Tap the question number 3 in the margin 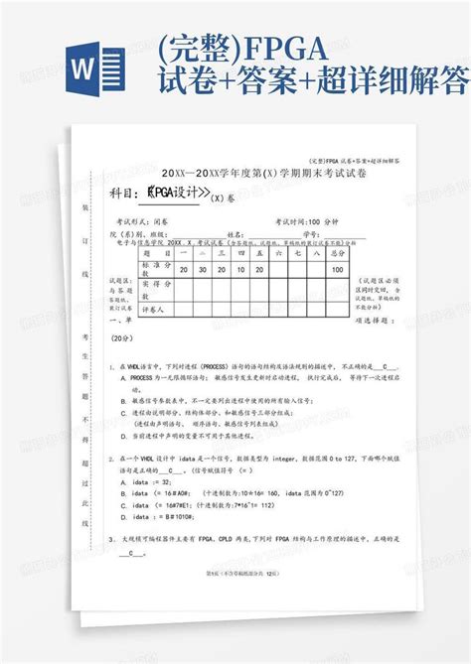(112, 540)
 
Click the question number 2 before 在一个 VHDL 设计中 (112, 459)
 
